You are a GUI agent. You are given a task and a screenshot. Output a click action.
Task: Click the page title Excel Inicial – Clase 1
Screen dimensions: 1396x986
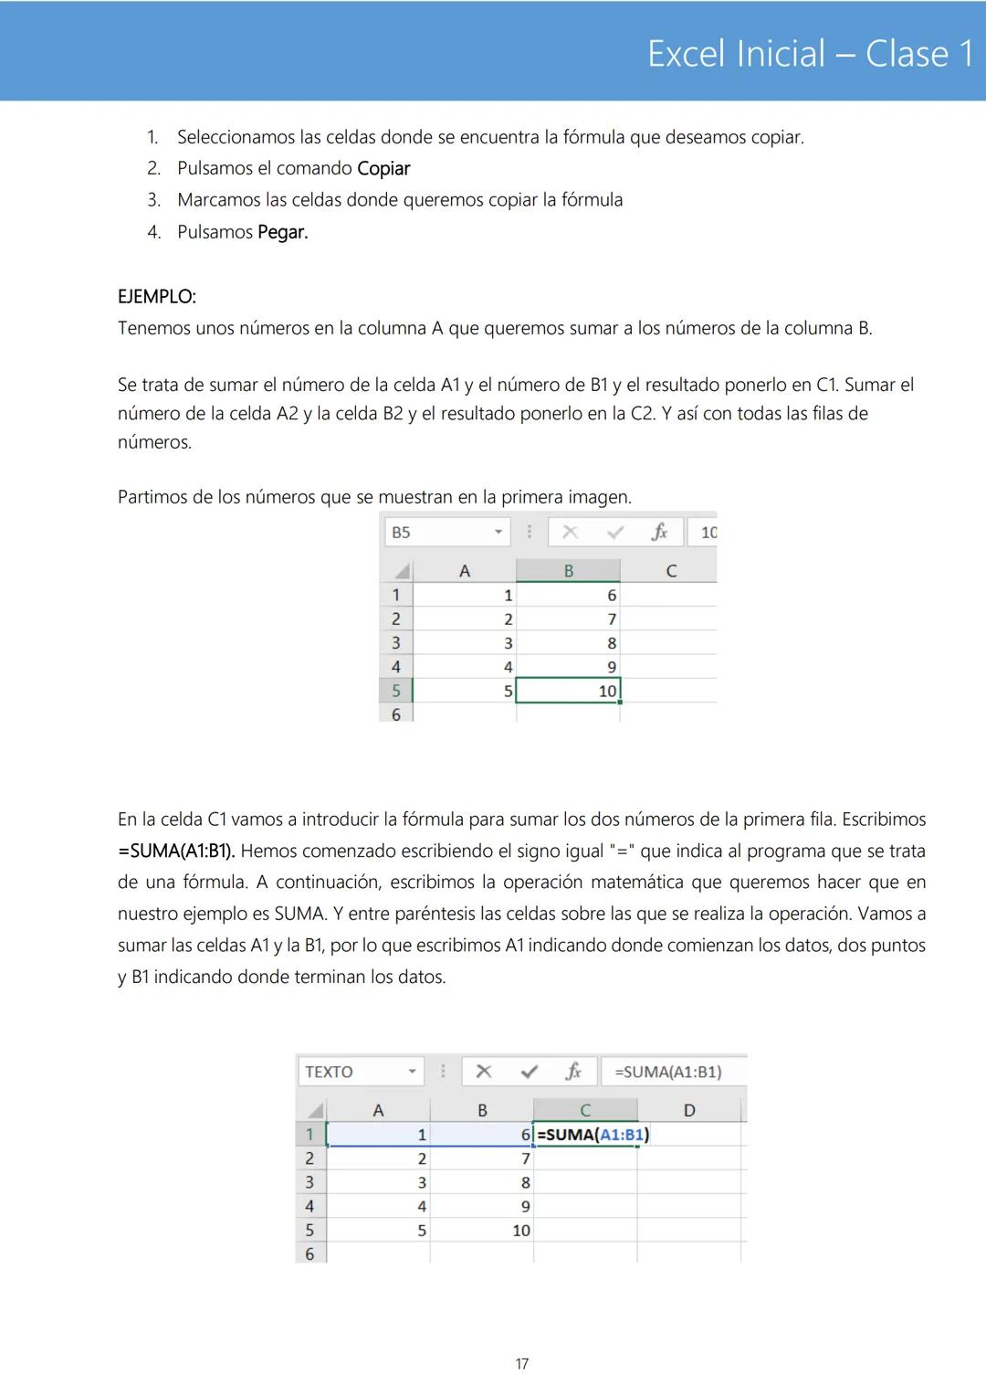click(810, 54)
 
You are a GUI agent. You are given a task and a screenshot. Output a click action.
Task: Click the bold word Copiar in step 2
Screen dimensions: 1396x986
click(383, 169)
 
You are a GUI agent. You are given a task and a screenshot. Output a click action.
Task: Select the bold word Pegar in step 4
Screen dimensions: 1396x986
click(282, 232)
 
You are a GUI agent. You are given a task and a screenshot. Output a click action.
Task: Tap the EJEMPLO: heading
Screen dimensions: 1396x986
click(157, 297)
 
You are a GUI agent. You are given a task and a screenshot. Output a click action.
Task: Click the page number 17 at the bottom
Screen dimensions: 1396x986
click(521, 1364)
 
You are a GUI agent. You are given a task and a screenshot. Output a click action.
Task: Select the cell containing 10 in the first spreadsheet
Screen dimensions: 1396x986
click(569, 691)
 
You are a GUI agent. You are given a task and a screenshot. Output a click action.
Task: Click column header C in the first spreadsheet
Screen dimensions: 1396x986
click(671, 571)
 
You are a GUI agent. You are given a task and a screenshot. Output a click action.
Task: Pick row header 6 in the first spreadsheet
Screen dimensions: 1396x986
click(396, 714)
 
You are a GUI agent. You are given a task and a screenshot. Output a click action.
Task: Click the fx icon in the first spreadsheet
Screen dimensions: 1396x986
click(659, 533)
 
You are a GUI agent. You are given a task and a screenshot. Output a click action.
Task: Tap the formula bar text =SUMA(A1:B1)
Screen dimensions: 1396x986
click(668, 1072)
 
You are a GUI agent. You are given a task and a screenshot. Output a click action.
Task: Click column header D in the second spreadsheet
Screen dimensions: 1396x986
click(689, 1111)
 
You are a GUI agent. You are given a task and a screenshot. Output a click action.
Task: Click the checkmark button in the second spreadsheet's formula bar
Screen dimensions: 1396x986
click(529, 1072)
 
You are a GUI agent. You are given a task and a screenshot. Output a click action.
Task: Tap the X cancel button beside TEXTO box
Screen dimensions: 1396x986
click(484, 1072)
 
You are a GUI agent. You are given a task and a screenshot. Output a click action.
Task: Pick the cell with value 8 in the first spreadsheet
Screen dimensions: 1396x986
click(569, 643)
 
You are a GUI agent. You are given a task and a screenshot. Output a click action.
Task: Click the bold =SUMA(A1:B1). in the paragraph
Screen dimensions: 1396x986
click(176, 851)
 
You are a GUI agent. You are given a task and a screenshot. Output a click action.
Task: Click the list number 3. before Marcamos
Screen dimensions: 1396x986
click(154, 200)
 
